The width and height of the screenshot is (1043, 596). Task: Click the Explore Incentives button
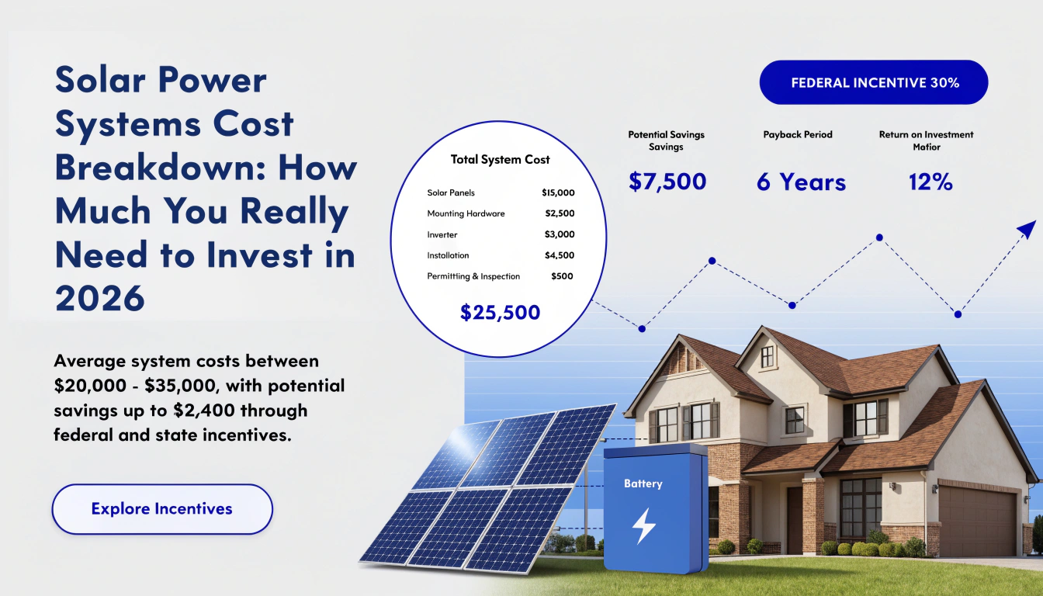pyautogui.click(x=162, y=509)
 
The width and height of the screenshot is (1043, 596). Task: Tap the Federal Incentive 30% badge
pyautogui.click(x=874, y=82)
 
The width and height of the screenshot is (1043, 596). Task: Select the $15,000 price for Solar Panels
pyautogui.click(x=558, y=192)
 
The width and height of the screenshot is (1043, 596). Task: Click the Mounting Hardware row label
pyautogui.click(x=466, y=213)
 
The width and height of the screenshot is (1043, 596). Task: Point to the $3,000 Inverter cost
pyautogui.click(x=560, y=234)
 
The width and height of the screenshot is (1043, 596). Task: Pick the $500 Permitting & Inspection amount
pyautogui.click(x=562, y=276)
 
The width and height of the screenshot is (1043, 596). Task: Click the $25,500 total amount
pyautogui.click(x=500, y=313)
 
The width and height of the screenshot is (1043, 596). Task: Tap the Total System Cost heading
pyautogui.click(x=500, y=160)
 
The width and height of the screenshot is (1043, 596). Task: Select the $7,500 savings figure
pyautogui.click(x=667, y=182)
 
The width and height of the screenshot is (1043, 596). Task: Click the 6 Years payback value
pyautogui.click(x=801, y=182)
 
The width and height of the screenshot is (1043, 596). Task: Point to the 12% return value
pyautogui.click(x=930, y=182)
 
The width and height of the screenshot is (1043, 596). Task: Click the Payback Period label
pyautogui.click(x=798, y=134)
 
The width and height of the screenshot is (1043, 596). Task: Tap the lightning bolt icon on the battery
pyautogui.click(x=644, y=526)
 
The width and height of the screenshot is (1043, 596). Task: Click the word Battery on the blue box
pyautogui.click(x=643, y=483)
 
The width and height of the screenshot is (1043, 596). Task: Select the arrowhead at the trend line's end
pyautogui.click(x=1027, y=230)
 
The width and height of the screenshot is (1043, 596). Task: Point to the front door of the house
pyautogui.click(x=795, y=520)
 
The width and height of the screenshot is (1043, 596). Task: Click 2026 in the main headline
pyautogui.click(x=99, y=299)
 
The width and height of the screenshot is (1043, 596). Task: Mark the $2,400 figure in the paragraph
pyautogui.click(x=203, y=411)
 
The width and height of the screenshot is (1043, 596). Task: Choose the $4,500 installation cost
pyautogui.click(x=560, y=255)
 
